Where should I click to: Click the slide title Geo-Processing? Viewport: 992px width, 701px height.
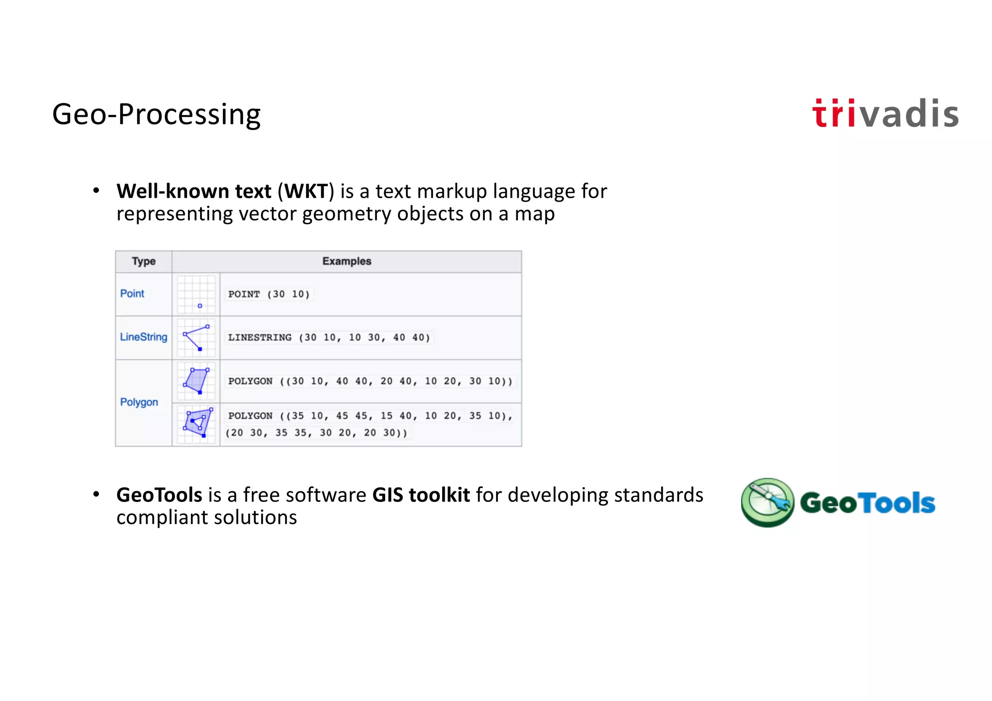(x=156, y=114)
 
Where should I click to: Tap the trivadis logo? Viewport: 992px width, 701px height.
(x=885, y=114)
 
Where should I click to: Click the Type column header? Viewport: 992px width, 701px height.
(x=143, y=262)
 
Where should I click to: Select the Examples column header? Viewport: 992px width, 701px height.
(x=346, y=262)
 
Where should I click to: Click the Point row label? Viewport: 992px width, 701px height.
(x=132, y=294)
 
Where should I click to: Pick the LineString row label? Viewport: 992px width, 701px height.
(x=143, y=337)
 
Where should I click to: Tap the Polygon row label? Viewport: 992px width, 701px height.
(x=139, y=402)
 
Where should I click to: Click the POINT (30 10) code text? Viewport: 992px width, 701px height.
(x=269, y=294)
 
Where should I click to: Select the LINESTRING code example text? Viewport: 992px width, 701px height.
(x=329, y=338)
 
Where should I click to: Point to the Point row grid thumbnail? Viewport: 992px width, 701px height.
(x=196, y=294)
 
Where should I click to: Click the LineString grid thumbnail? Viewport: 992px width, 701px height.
(x=196, y=338)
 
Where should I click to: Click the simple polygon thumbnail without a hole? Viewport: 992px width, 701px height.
(x=196, y=381)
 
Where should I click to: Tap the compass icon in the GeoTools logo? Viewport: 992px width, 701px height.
(x=767, y=502)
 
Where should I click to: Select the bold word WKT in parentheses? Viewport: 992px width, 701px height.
(x=306, y=192)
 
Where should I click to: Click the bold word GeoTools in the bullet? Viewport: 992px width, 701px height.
(x=159, y=495)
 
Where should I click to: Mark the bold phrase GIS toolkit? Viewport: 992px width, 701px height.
(x=421, y=495)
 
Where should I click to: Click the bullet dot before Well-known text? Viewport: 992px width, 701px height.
(x=96, y=191)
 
